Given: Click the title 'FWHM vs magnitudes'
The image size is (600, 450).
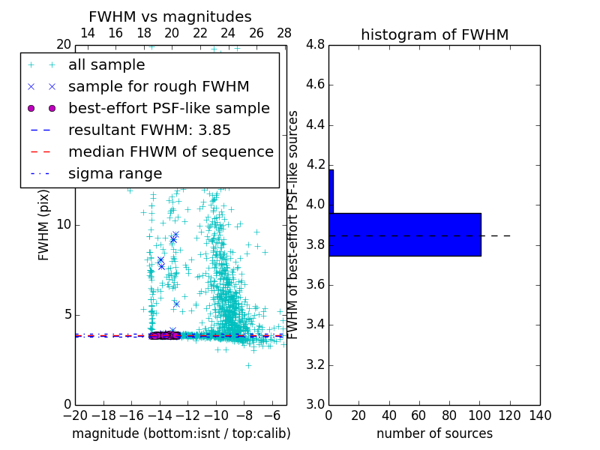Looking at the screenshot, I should pyautogui.click(x=170, y=16).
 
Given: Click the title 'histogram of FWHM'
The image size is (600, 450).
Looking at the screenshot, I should pyautogui.click(x=434, y=34).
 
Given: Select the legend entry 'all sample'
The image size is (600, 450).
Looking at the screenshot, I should pyautogui.click(x=106, y=65).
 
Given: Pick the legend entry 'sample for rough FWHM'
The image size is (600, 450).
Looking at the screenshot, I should pyautogui.click(x=158, y=86).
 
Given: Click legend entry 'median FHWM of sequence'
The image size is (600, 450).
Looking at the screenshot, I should pyautogui.click(x=170, y=151).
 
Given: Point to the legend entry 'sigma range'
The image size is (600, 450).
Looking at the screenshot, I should pyautogui.click(x=115, y=174).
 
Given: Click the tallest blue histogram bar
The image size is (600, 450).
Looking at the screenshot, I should pyautogui.click(x=405, y=235).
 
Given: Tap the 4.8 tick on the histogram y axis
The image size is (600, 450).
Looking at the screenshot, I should pyautogui.click(x=315, y=45).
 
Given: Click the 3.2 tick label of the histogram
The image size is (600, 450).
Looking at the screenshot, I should pyautogui.click(x=315, y=365).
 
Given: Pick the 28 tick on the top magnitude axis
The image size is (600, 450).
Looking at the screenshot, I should pyautogui.click(x=284, y=33).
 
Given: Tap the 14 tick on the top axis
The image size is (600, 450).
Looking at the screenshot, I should pyautogui.click(x=87, y=33).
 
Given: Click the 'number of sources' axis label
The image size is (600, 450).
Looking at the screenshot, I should pyautogui.click(x=434, y=433).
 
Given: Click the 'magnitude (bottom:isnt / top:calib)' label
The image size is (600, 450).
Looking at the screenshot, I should pyautogui.click(x=181, y=433).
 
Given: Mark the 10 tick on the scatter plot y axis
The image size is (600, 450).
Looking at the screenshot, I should pyautogui.click(x=64, y=225).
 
